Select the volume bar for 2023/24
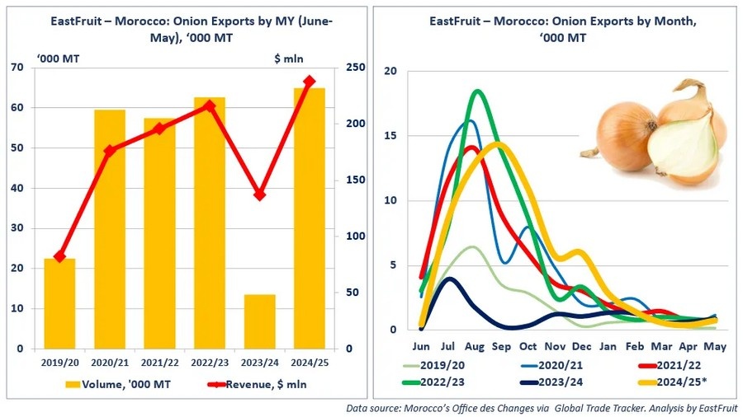coord(259,321)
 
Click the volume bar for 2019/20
coord(59,303)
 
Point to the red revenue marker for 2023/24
coord(259,194)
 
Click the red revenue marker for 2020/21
coord(110,150)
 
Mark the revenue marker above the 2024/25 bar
coord(309,81)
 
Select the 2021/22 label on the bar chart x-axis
coord(159,360)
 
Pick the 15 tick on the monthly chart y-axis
coord(390,136)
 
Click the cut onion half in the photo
coord(682,148)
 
